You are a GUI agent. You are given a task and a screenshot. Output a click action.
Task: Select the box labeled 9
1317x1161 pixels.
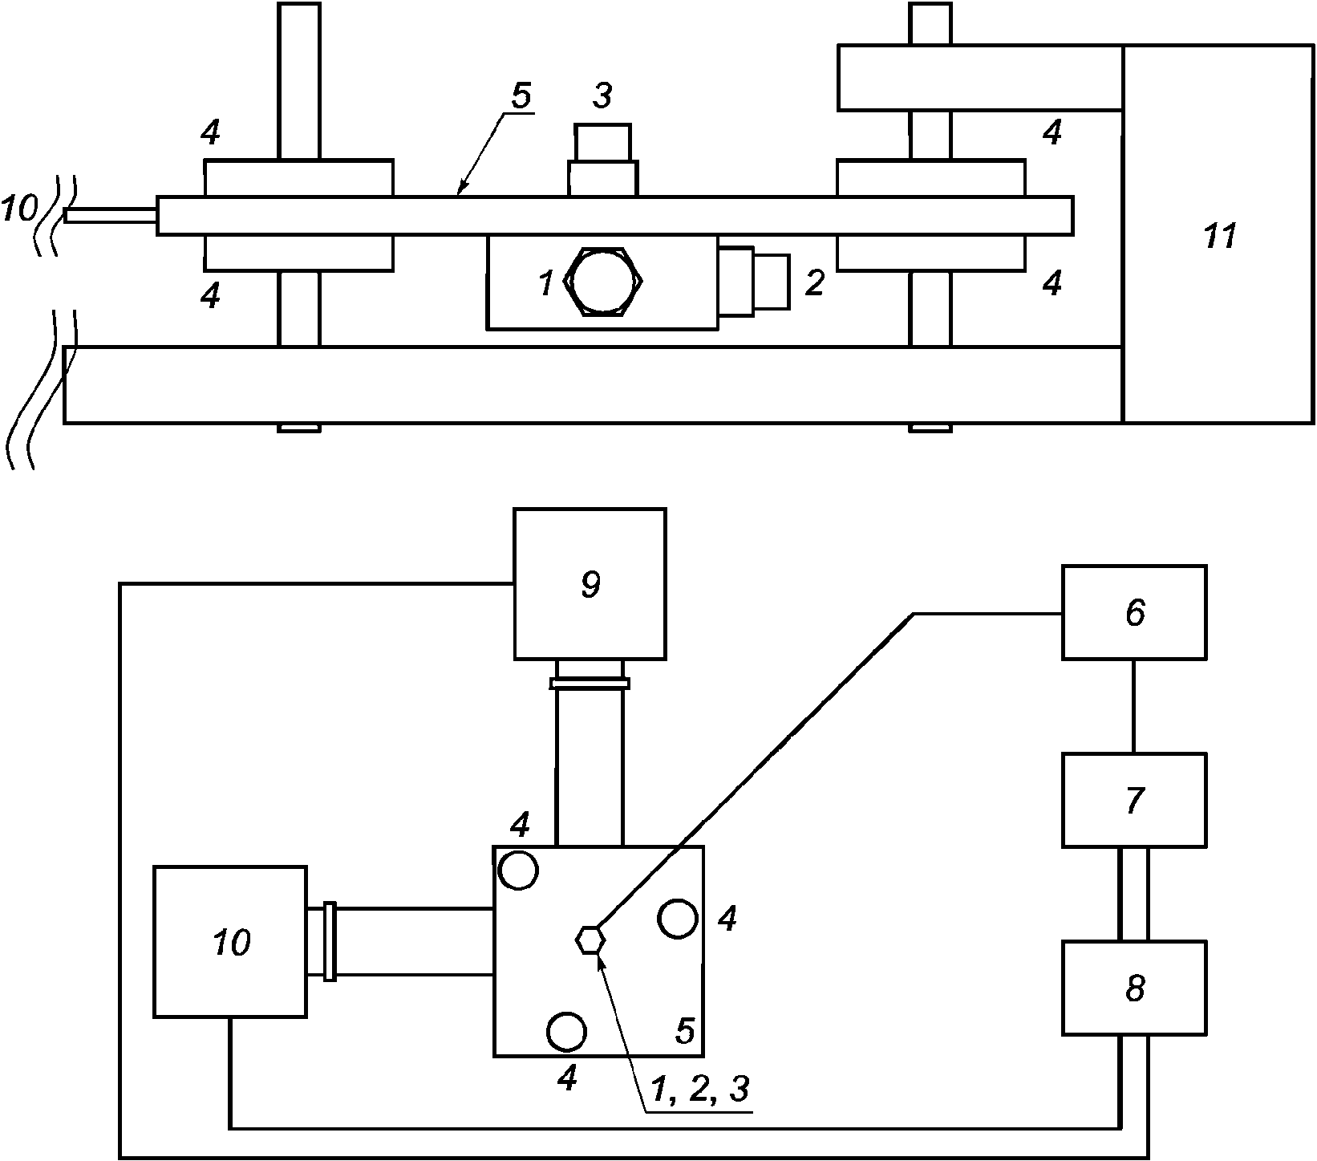pos(590,583)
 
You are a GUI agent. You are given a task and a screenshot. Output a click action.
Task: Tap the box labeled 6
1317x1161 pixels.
pos(1134,612)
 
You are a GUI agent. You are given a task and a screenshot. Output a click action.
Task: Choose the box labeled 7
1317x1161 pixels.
pos(1134,800)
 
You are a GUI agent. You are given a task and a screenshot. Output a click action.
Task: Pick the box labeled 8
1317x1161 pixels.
pos(1134,988)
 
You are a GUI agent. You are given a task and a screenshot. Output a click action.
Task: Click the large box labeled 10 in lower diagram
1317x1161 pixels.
pos(230,942)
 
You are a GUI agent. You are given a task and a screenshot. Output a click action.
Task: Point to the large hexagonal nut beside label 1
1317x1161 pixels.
pos(606,281)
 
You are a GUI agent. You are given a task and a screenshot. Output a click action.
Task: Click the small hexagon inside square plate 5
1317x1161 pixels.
pos(590,939)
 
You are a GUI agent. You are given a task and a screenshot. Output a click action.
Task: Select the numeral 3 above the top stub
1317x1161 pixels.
pos(602,95)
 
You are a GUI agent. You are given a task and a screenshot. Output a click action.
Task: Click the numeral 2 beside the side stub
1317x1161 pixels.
pos(813,282)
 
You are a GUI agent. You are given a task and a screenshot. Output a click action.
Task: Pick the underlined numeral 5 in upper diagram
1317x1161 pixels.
pos(521,95)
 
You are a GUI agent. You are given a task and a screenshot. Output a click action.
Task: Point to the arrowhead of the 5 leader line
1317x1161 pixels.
pos(458,192)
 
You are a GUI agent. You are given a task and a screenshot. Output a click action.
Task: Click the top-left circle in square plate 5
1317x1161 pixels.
pos(518,869)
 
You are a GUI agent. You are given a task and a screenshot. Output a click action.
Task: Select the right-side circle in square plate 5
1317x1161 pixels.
pos(678,919)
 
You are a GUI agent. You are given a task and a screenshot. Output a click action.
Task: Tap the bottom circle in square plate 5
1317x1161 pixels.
pos(566,1031)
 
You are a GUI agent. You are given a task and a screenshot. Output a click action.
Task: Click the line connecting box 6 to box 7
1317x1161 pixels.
pos(1133,706)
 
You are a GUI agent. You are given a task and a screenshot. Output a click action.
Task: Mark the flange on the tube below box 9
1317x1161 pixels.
pos(590,684)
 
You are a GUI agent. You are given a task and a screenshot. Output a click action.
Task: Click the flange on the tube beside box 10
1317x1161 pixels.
pos(329,942)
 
